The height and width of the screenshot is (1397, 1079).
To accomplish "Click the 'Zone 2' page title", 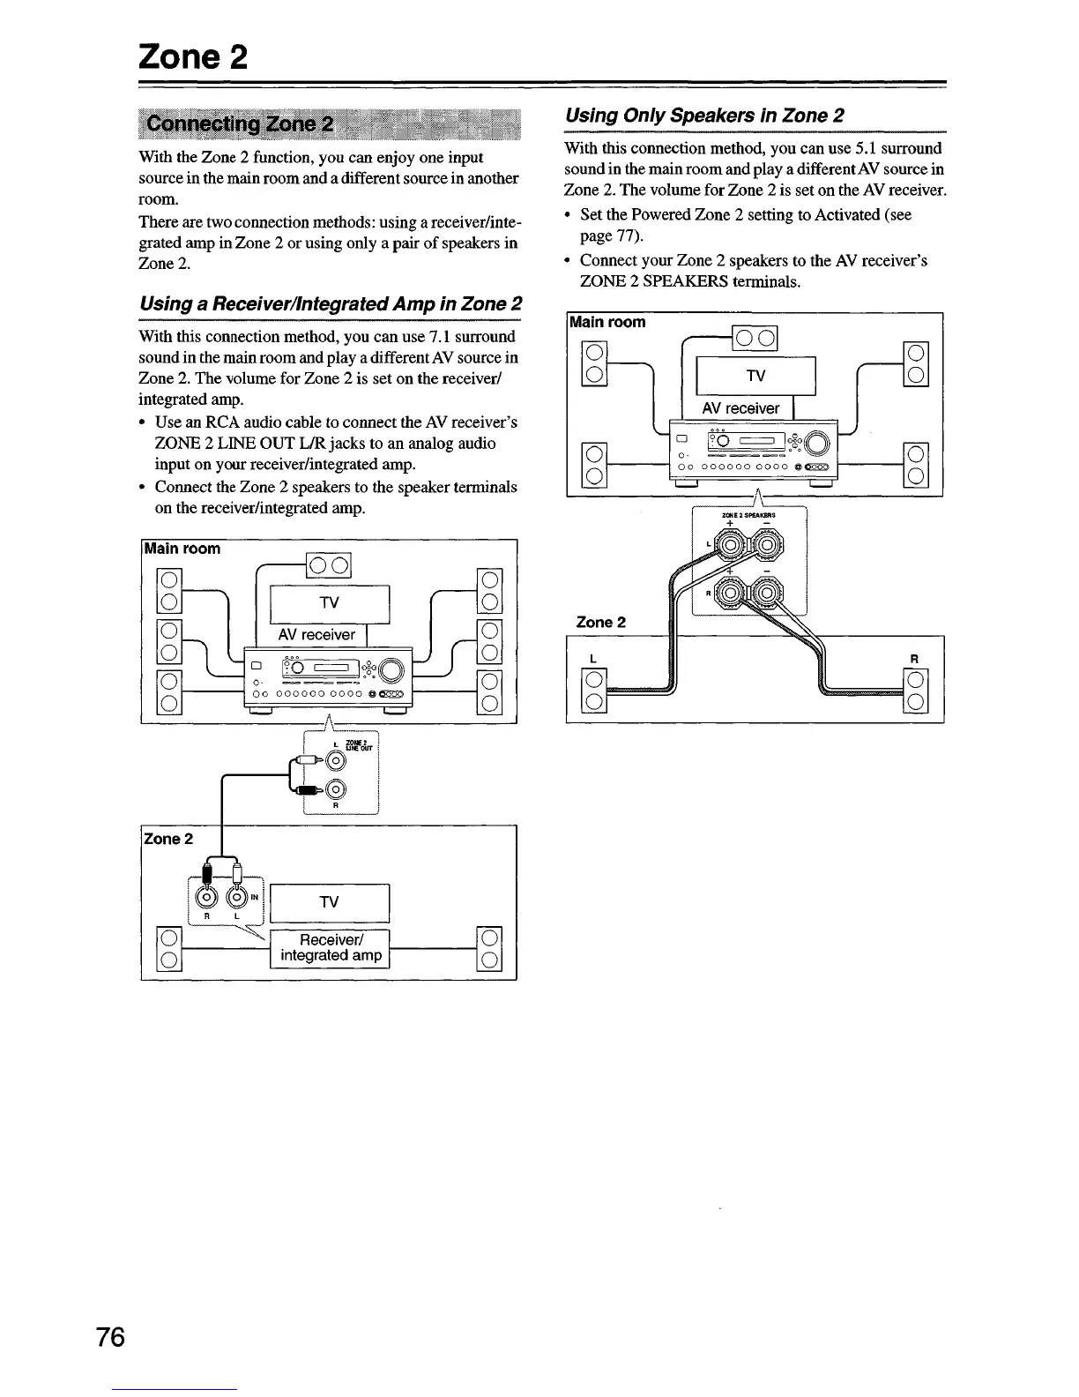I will pos(192,58).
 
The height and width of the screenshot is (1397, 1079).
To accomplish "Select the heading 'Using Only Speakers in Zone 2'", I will pos(704,116).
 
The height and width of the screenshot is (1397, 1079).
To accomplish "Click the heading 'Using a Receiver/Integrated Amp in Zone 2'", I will pos(331,304).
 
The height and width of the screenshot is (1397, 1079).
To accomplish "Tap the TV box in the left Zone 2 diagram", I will pos(329,901).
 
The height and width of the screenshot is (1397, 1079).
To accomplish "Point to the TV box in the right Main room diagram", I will pos(755,377).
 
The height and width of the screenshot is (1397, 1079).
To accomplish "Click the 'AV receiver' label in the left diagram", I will pos(316,634).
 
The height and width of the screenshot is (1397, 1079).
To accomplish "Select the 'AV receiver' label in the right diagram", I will pos(740,408).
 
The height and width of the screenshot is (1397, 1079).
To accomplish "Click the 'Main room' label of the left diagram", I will pos(182,549).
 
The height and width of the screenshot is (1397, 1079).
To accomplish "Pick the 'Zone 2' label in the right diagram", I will pos(600,622).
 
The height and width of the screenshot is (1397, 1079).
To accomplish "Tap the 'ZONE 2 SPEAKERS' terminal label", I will pos(748,515).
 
